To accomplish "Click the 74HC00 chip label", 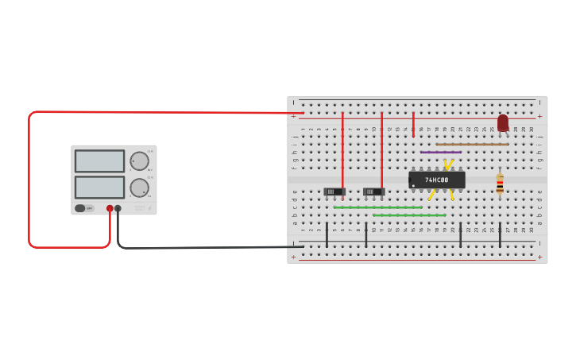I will click(x=436, y=180).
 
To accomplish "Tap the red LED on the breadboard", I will click(x=503, y=123).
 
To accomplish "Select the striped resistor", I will click(x=500, y=184).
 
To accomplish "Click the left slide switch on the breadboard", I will click(x=334, y=192).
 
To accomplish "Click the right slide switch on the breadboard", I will click(x=373, y=192).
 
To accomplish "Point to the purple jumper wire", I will click(x=440, y=152).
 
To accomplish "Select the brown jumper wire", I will click(x=472, y=144).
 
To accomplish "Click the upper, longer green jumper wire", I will click(x=377, y=207).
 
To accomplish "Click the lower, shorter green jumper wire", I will click(x=409, y=215).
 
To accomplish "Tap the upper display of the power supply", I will click(x=99, y=161).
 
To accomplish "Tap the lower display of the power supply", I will click(x=99, y=188).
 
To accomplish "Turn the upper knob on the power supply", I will click(x=140, y=161).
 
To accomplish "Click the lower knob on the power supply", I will click(x=140, y=188).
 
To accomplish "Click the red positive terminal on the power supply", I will click(x=110, y=208).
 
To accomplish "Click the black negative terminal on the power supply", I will click(x=118, y=208).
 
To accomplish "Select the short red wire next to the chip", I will click(x=413, y=125).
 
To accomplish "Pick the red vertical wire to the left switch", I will click(x=342, y=151).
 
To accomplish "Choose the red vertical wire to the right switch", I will click(x=381, y=151).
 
